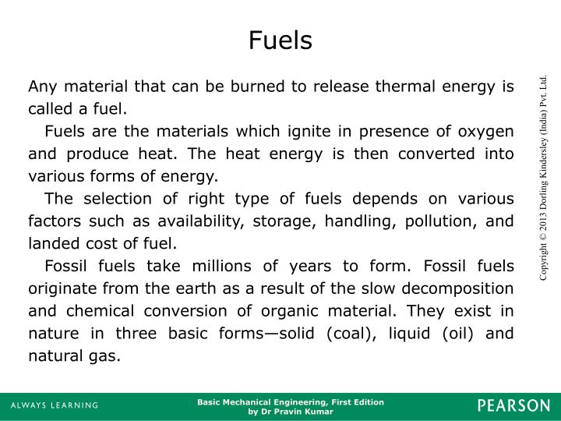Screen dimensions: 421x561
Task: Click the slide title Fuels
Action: (x=280, y=40)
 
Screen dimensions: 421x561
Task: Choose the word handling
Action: (x=360, y=221)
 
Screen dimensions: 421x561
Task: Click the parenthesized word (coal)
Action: (x=344, y=334)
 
